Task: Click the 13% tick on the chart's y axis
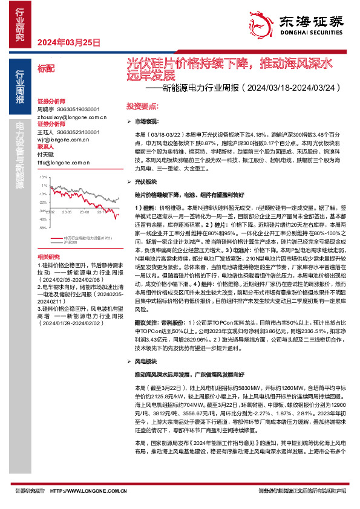tap(42, 178)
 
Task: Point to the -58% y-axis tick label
tap(42, 229)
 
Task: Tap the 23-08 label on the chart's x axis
tap(82, 212)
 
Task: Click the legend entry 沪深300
tap(71, 242)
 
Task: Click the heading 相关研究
tap(48, 256)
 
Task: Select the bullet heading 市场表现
tap(146, 122)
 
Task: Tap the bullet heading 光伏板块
tap(146, 181)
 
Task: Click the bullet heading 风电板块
tap(146, 361)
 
